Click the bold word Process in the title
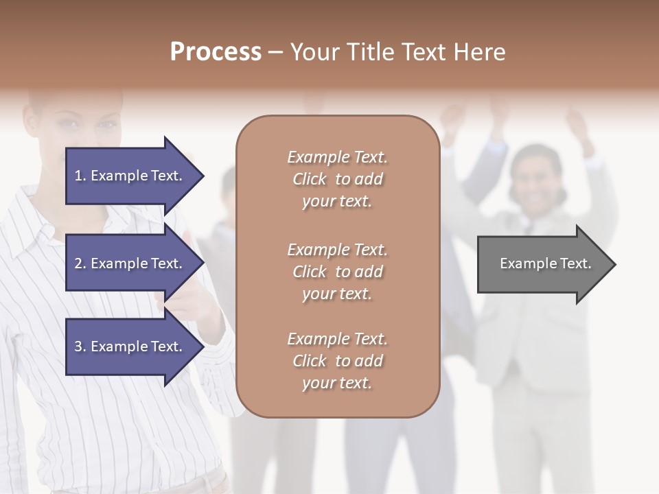[216, 52]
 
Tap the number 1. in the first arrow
[80, 176]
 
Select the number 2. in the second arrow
[80, 263]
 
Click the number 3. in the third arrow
[80, 346]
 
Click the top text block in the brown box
[337, 179]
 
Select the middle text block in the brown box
[337, 272]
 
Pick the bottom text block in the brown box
[337, 361]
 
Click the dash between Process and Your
[275, 53]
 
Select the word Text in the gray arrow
[575, 263]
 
